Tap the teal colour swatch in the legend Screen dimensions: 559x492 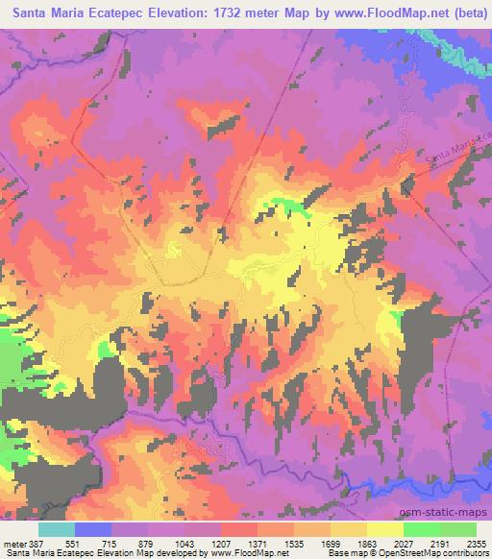click(57, 528)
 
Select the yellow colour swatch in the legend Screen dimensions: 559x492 click(385, 528)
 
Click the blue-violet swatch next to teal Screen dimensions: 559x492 click(93, 528)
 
